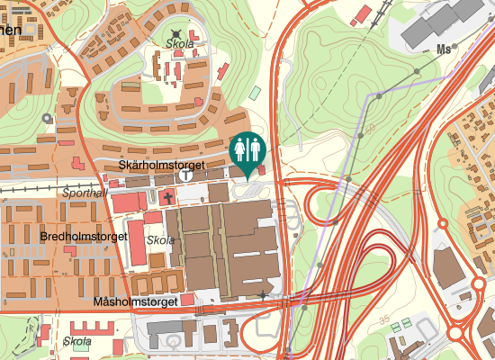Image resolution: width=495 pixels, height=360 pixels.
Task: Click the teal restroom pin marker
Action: (x=247, y=150)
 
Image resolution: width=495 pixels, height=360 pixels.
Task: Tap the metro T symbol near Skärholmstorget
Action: (x=185, y=175)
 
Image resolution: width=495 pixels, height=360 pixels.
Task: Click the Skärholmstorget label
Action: (x=162, y=166)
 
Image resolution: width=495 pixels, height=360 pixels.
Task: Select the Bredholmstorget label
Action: (x=83, y=236)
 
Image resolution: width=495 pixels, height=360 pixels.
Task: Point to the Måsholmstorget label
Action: (x=135, y=302)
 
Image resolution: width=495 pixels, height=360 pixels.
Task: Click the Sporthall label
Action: (x=85, y=193)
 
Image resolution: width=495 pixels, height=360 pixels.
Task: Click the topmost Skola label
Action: (x=180, y=43)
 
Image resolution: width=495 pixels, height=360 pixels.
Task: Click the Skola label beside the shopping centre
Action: (x=160, y=241)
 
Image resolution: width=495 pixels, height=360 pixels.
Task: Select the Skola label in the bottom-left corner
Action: (x=77, y=341)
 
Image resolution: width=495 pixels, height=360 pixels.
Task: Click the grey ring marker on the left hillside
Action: (x=47, y=118)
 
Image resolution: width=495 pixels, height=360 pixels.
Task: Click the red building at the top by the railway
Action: (x=363, y=14)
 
